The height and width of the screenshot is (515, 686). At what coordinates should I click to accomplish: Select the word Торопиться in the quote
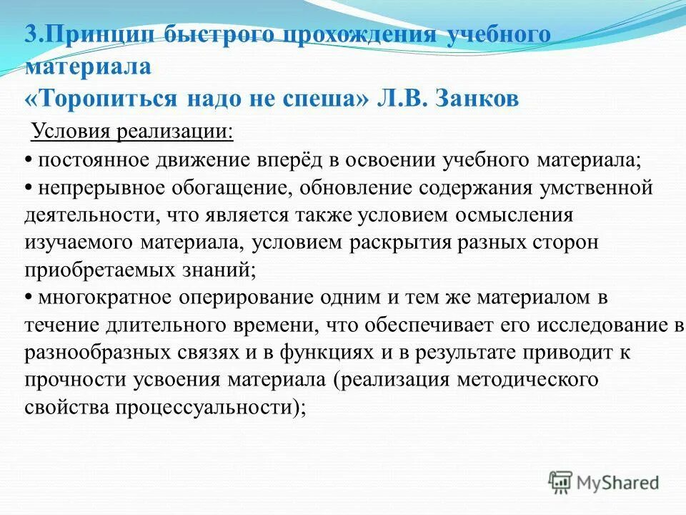106,99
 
